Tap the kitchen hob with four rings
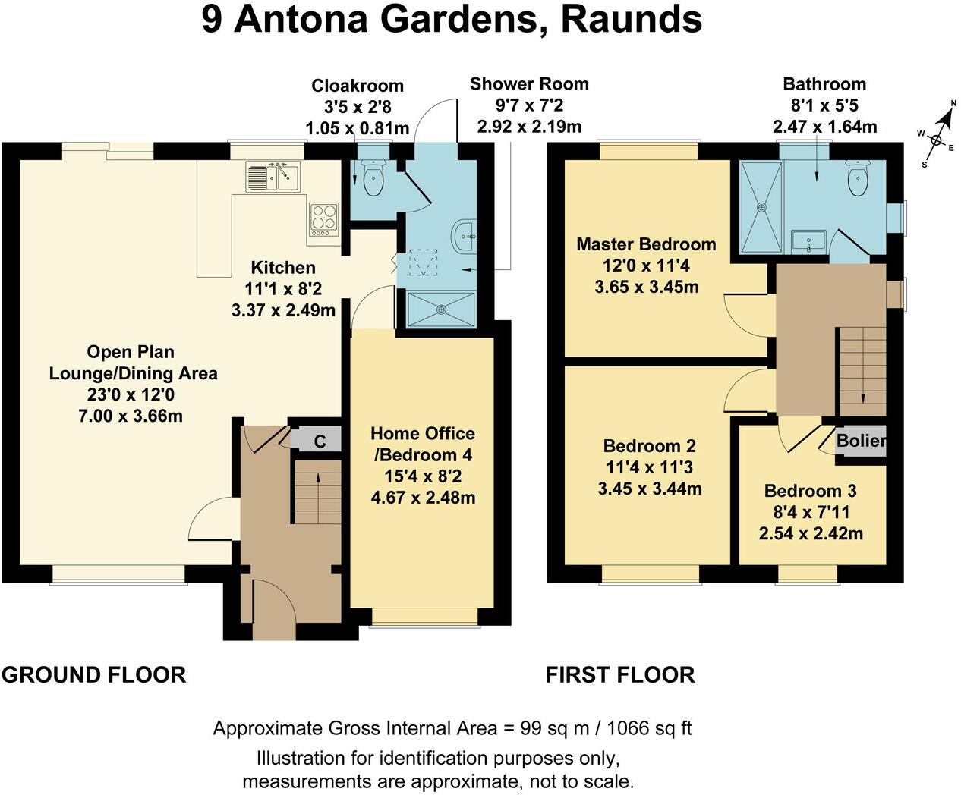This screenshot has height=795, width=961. tap(324, 218)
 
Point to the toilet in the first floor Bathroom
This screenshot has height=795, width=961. tap(857, 178)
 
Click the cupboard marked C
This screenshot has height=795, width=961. tap(320, 441)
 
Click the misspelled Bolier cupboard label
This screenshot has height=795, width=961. tap(861, 440)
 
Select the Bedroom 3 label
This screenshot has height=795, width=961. tap(810, 491)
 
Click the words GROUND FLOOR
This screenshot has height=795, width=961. tap(93, 674)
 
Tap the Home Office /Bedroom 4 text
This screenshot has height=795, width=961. tap(422, 444)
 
